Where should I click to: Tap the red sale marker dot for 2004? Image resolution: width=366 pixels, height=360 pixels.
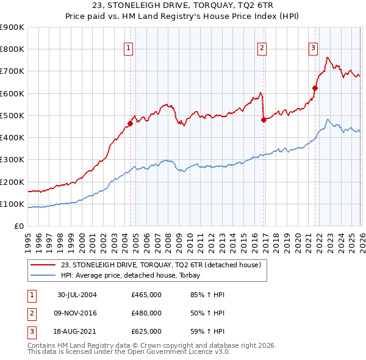(131, 123)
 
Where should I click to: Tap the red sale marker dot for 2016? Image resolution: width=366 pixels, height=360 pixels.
(264, 120)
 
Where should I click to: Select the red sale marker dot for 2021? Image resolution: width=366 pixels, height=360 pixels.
(315, 88)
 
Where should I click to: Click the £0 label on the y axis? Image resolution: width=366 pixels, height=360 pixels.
(18, 226)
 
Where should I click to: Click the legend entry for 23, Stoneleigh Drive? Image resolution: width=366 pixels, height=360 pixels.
(160, 265)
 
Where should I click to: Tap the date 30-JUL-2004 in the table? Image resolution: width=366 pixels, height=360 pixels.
(77, 295)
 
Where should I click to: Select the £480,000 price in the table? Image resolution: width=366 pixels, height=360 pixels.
(146, 313)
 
